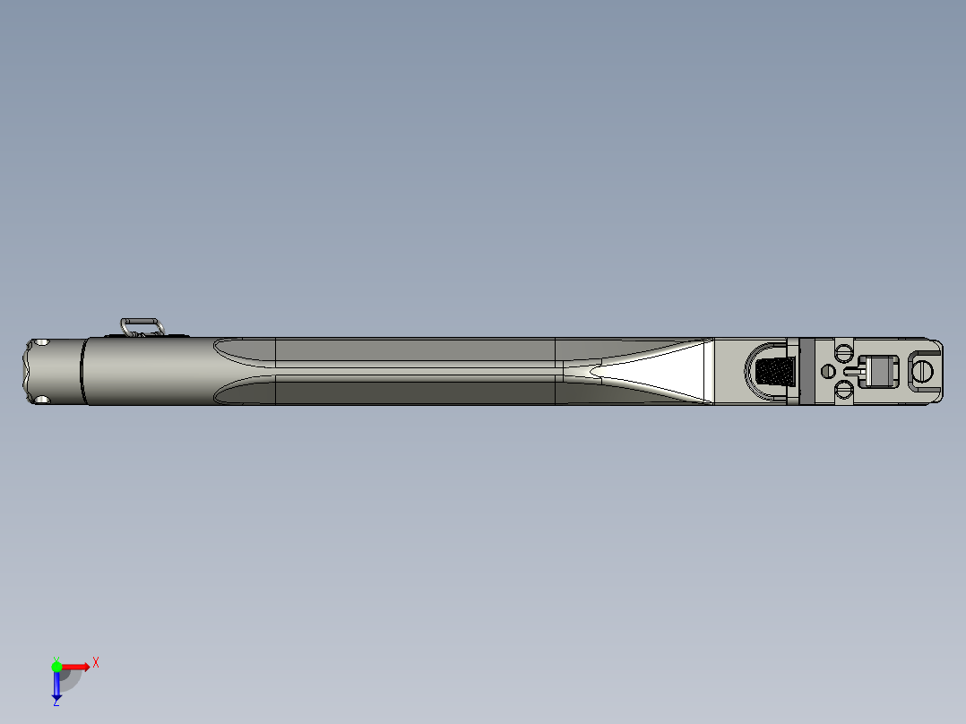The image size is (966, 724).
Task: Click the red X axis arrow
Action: [x=75, y=666]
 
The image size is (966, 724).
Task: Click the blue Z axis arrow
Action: [x=56, y=685]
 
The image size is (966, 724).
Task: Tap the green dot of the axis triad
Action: [x=56, y=666]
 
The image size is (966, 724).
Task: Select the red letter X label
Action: [x=96, y=662]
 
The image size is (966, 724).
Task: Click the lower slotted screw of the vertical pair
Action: [x=842, y=389]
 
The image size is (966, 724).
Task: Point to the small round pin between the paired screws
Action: [x=827, y=370]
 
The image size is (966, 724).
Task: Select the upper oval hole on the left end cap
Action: [x=40, y=343]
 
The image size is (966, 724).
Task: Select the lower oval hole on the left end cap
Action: [x=40, y=399]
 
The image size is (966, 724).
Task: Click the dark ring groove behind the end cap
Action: [x=82, y=371]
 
